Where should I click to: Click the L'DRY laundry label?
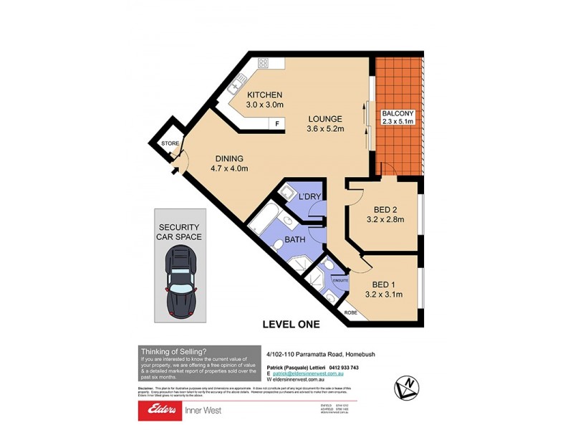pos(309,196)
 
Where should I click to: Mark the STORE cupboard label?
pos(170,144)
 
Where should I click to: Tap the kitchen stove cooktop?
pos(263,63)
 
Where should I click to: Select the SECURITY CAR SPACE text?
pos(180,231)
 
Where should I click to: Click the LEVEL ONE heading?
pos(290,325)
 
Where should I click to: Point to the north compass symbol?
pos(406,387)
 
